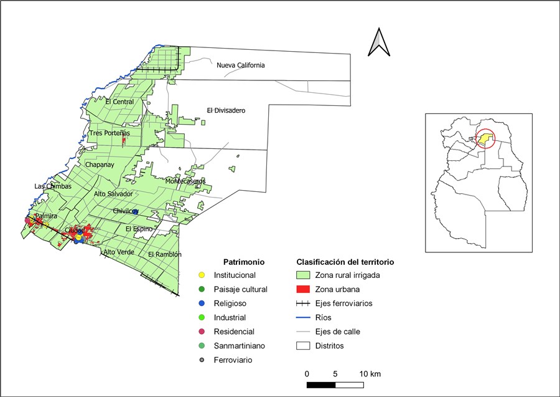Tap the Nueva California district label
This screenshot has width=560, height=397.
click(x=241, y=65)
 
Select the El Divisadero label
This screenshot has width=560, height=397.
click(x=226, y=110)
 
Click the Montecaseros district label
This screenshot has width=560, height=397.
click(x=185, y=181)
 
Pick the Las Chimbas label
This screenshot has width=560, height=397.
click(x=53, y=186)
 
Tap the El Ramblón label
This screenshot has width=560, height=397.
click(x=165, y=254)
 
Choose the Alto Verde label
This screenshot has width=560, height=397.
click(x=119, y=252)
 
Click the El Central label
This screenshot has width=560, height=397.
click(x=119, y=102)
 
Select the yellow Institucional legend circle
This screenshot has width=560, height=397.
click(x=201, y=275)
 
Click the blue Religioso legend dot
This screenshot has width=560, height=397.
click(x=201, y=304)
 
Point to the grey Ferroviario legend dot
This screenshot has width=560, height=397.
click(x=201, y=360)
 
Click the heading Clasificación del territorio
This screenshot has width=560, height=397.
click(x=345, y=262)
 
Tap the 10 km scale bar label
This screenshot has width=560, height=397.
click(x=370, y=373)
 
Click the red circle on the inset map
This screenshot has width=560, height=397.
click(x=485, y=139)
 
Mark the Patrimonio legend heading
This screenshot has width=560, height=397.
click(x=245, y=262)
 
